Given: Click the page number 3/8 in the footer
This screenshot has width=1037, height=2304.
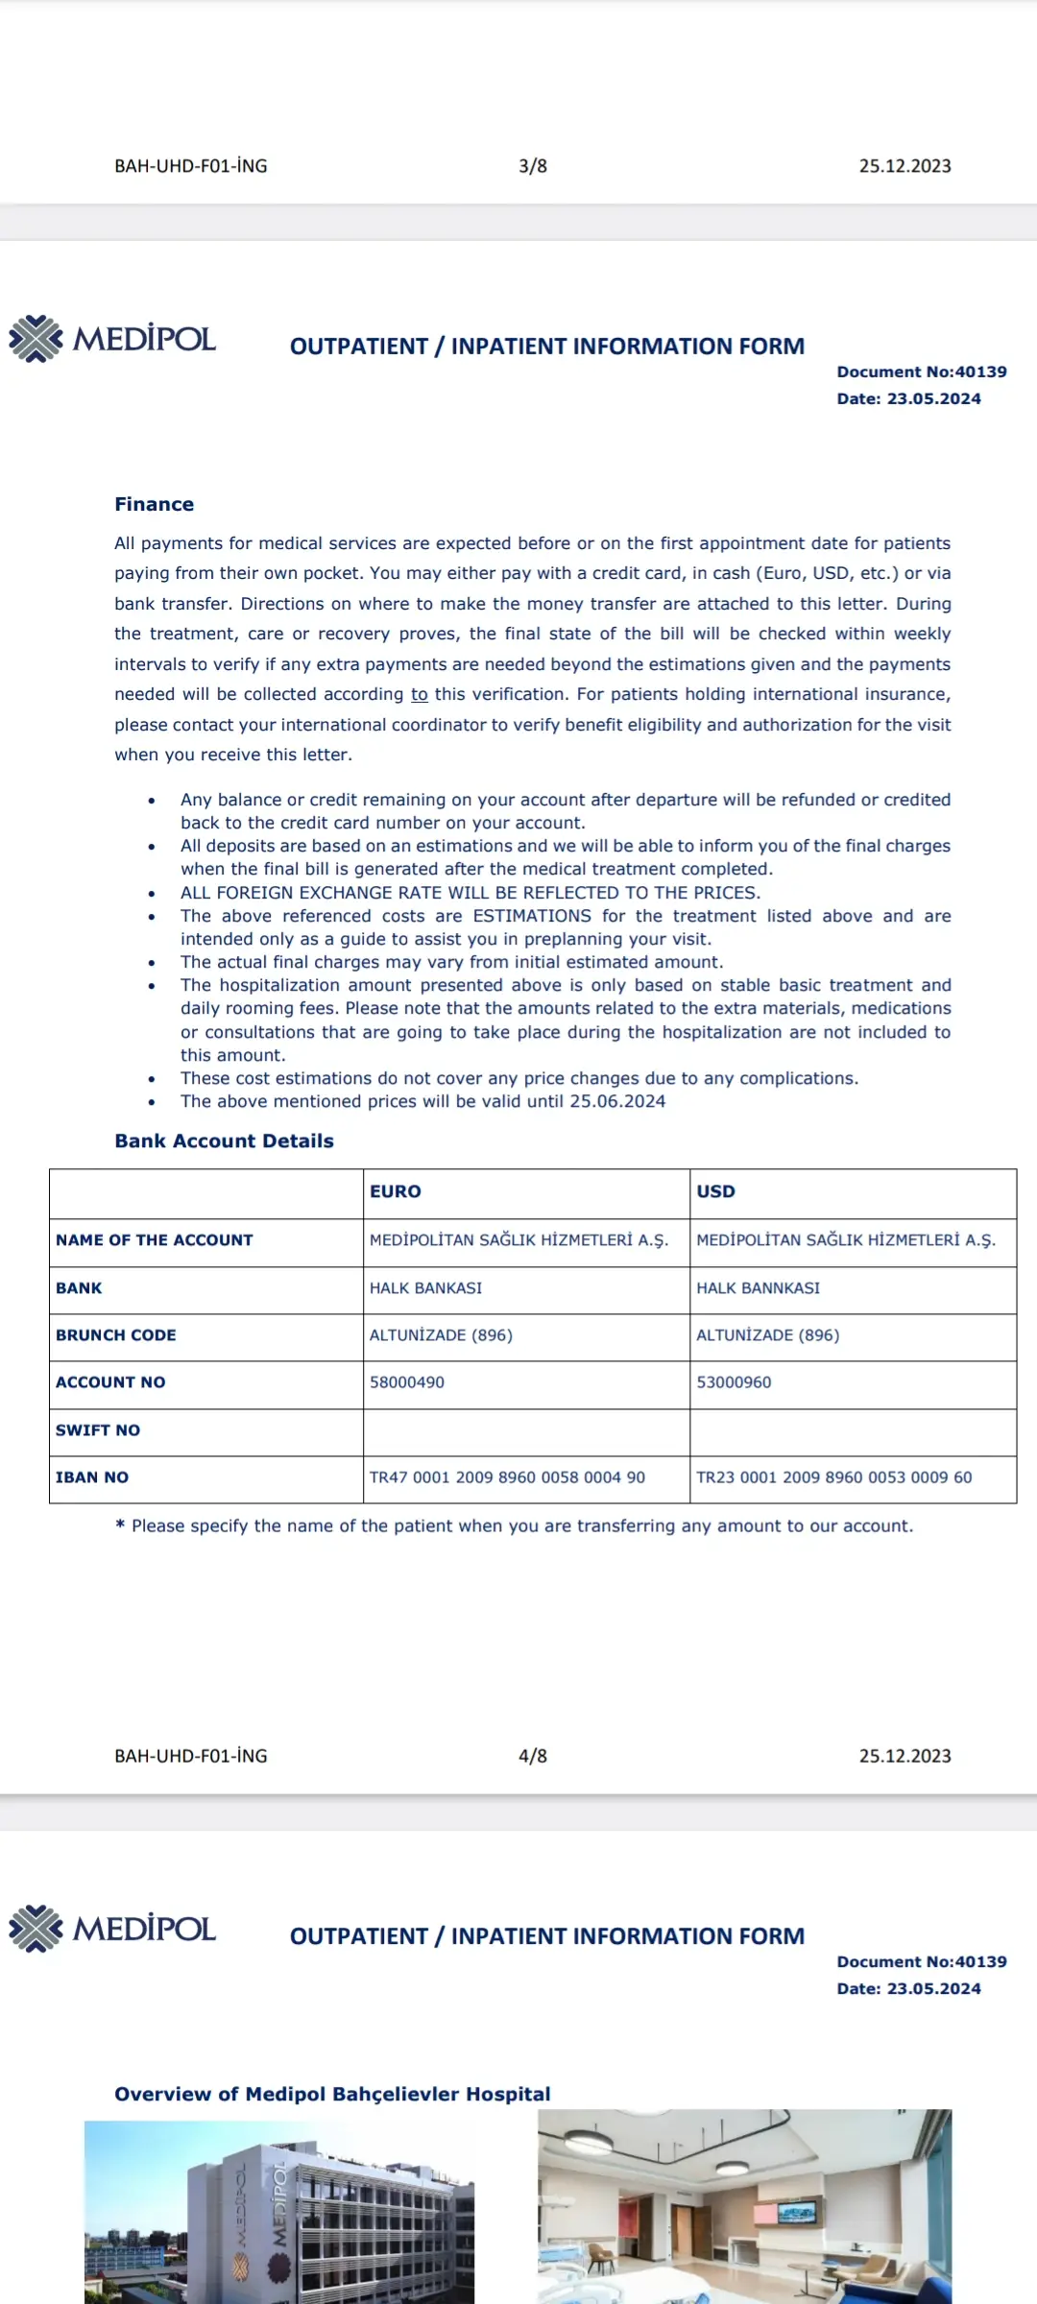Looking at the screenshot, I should click(x=533, y=166).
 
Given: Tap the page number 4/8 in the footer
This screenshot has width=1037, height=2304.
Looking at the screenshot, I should click(x=533, y=1756).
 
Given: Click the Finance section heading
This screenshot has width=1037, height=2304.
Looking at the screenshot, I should click(x=154, y=504).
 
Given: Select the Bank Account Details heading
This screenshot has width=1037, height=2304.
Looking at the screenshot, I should click(x=224, y=1140).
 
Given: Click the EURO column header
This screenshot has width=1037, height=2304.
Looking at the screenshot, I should click(x=396, y=1191).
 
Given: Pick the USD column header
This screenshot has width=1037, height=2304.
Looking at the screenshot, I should click(x=715, y=1191).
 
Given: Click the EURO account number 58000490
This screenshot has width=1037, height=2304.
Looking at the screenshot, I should click(x=407, y=1382).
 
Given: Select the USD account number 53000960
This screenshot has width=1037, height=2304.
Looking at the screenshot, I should click(x=734, y=1382).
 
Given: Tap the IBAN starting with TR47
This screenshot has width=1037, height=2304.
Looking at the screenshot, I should click(x=507, y=1477).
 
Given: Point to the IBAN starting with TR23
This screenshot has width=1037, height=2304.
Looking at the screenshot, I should click(x=833, y=1477).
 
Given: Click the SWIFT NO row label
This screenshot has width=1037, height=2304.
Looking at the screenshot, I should click(x=98, y=1430).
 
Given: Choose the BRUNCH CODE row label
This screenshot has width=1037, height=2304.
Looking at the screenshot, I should click(x=116, y=1335).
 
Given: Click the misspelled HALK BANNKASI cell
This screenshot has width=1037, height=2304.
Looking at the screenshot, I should click(x=758, y=1288).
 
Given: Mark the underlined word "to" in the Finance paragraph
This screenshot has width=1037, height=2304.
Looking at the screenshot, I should click(x=420, y=694).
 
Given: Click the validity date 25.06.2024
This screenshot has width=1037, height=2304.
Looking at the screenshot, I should click(x=617, y=1101).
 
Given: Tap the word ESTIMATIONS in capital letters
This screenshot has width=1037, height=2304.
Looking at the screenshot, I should click(x=532, y=916).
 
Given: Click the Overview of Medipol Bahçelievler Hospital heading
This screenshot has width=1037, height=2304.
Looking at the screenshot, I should click(x=332, y=2094).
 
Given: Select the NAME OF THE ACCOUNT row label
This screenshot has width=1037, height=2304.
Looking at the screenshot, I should click(x=155, y=1240).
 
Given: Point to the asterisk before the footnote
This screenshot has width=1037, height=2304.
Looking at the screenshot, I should click(x=120, y=1524).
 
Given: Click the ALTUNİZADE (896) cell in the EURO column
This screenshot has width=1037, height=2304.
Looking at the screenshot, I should click(x=441, y=1335).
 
